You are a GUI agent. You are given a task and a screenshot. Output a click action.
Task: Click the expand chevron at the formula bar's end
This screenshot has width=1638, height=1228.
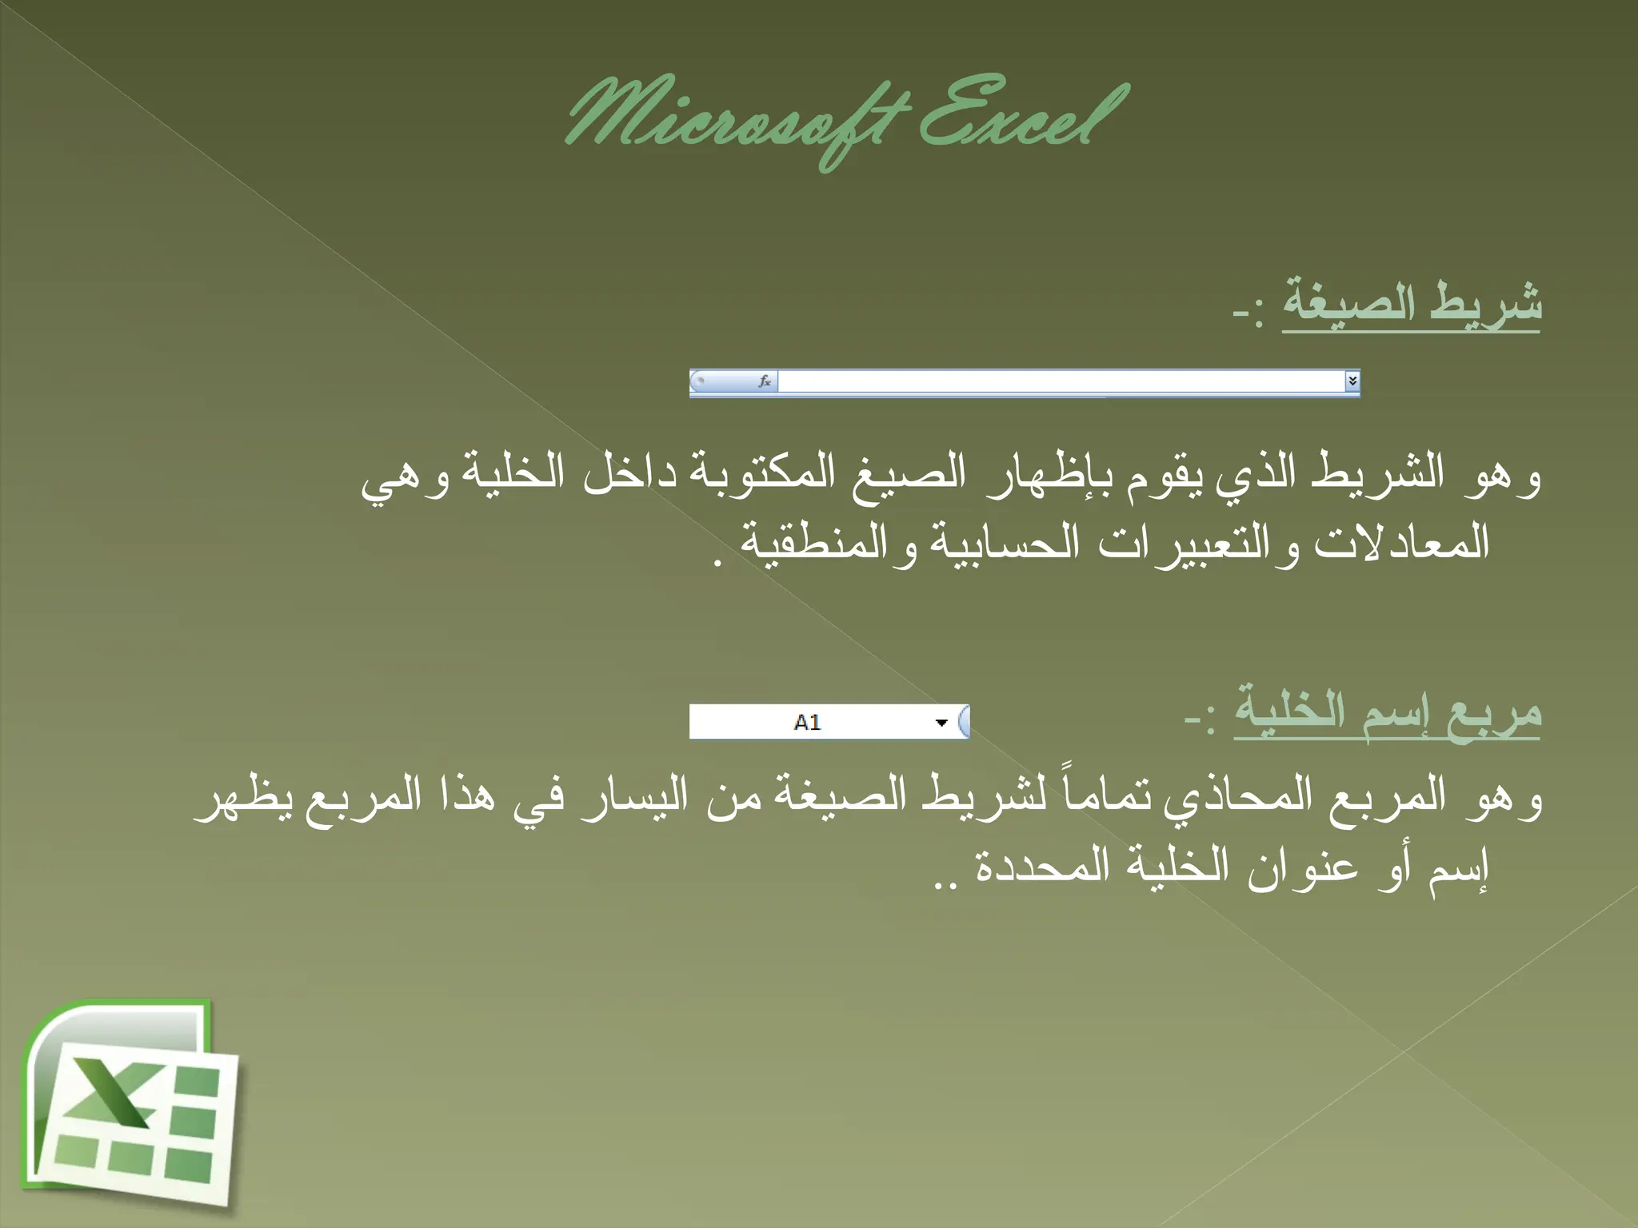(1352, 381)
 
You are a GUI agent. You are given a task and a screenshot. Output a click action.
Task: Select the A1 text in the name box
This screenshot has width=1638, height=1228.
(807, 723)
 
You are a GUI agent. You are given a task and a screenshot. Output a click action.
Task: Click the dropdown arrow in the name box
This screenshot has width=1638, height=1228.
(941, 723)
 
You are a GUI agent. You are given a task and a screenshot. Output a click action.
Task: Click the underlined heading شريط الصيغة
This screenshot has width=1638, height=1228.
(1412, 305)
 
